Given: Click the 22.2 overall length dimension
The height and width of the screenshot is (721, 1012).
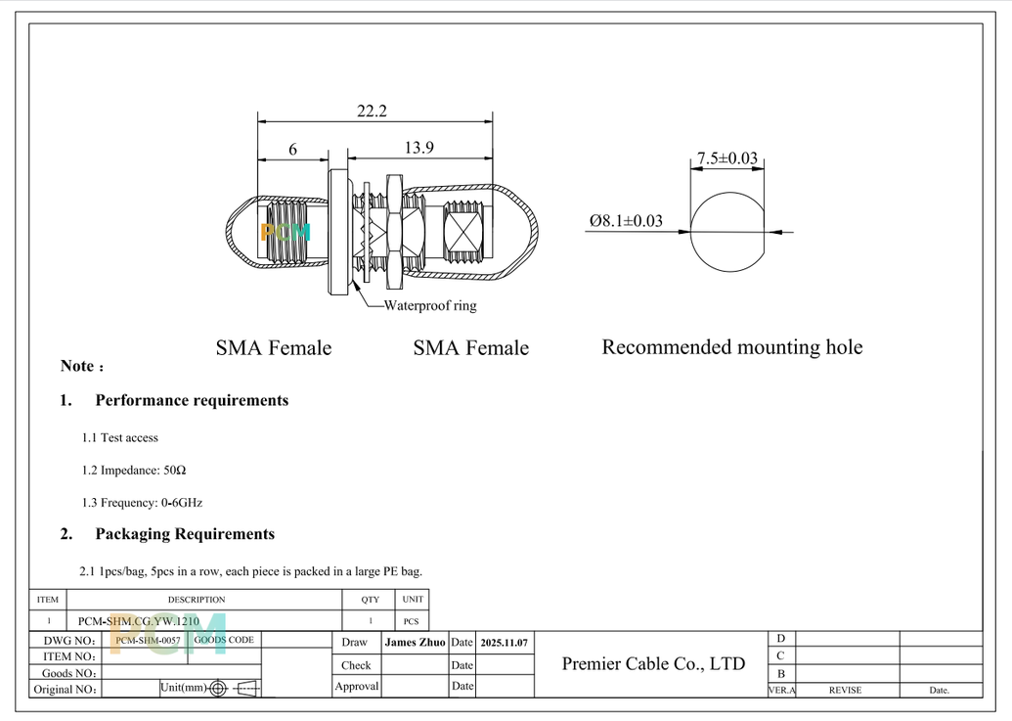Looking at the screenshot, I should coord(371,112).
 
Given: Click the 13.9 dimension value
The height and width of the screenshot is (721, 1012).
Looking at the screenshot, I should coord(418,148).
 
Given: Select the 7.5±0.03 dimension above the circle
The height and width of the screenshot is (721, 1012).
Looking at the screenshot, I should coord(726,158).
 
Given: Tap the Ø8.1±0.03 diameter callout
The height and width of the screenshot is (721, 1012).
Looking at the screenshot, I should coord(626,221).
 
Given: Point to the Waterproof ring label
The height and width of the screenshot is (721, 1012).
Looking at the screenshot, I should coord(430,305).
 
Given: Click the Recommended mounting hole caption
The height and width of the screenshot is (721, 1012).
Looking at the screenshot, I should coord(731,347).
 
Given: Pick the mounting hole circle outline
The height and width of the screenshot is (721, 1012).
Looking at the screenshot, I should coord(728,270).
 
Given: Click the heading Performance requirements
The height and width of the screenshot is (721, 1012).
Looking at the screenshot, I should coord(192,400).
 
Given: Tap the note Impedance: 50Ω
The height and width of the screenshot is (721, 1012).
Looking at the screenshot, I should coord(134,471).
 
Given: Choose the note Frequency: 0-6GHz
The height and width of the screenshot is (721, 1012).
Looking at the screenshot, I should coord(142,503).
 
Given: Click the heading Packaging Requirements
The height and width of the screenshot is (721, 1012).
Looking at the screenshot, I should coord(185,534).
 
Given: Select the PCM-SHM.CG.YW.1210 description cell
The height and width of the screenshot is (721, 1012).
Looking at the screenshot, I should coord(139,621).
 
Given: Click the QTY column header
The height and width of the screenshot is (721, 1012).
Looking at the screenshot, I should coord(370,600).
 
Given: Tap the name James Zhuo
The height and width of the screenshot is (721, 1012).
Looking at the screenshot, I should coord(415,643).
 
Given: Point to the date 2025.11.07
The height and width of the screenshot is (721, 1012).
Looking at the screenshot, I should coord(505,643).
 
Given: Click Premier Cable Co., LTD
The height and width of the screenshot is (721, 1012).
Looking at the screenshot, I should coord(653,664).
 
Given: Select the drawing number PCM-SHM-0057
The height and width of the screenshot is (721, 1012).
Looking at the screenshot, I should coord(145,640).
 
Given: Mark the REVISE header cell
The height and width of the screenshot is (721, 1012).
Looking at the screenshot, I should coord(845,690).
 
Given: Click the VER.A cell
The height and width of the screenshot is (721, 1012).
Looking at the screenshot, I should coord(781,690).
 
